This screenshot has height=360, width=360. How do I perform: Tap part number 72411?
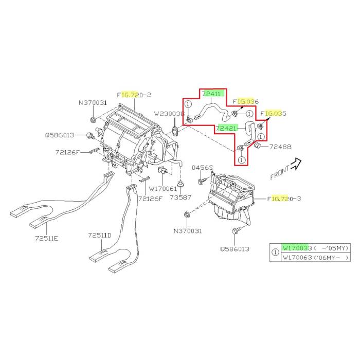(x=211, y=94)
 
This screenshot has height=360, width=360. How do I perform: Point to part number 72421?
(x=226, y=128)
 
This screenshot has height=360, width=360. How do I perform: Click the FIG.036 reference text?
(x=245, y=101)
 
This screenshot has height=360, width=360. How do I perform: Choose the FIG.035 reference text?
(x=273, y=113)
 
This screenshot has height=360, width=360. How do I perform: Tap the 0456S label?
(x=203, y=168)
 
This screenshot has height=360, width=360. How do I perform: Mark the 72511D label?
(x=99, y=235)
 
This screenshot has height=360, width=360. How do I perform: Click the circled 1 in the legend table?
(x=275, y=253)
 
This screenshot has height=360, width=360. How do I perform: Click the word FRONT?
(x=280, y=172)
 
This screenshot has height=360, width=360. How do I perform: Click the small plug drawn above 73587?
(x=181, y=184)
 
